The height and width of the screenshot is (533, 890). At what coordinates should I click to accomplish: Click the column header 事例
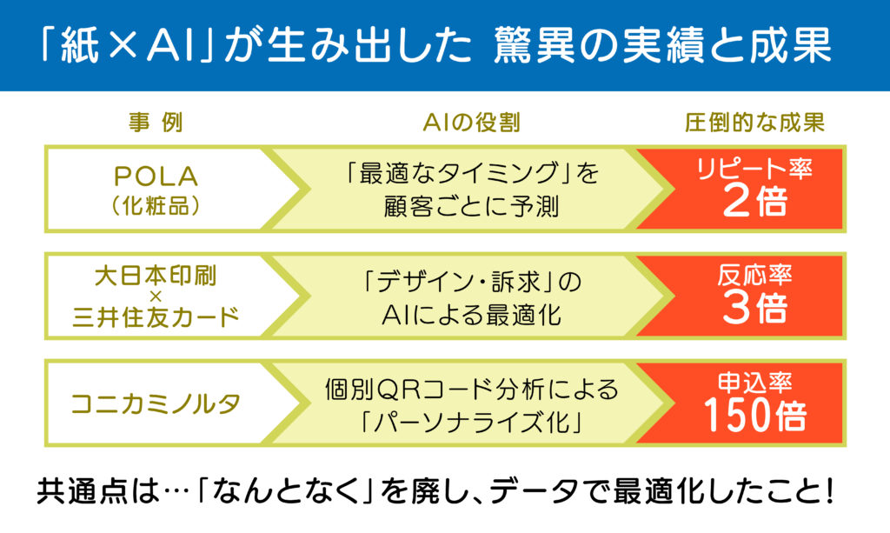(156, 123)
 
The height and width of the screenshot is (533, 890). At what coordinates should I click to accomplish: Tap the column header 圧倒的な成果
(754, 123)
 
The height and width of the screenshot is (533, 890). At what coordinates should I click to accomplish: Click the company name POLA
(156, 177)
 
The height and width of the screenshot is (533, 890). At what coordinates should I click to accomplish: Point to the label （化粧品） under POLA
(156, 206)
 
